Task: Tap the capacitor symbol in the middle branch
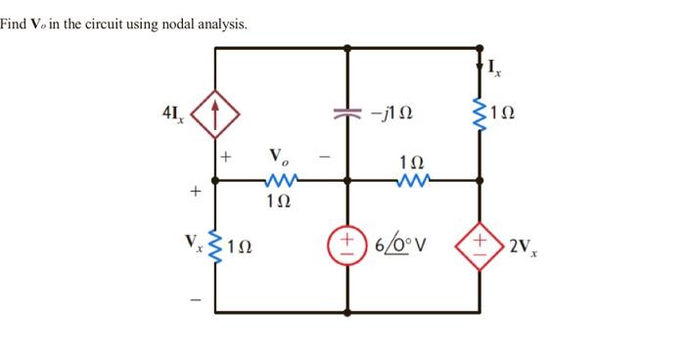point(346,113)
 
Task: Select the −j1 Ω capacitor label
point(391,113)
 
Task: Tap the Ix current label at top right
point(495,68)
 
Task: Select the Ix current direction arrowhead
point(479,68)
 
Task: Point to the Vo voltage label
point(280,157)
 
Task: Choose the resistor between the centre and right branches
point(412,180)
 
